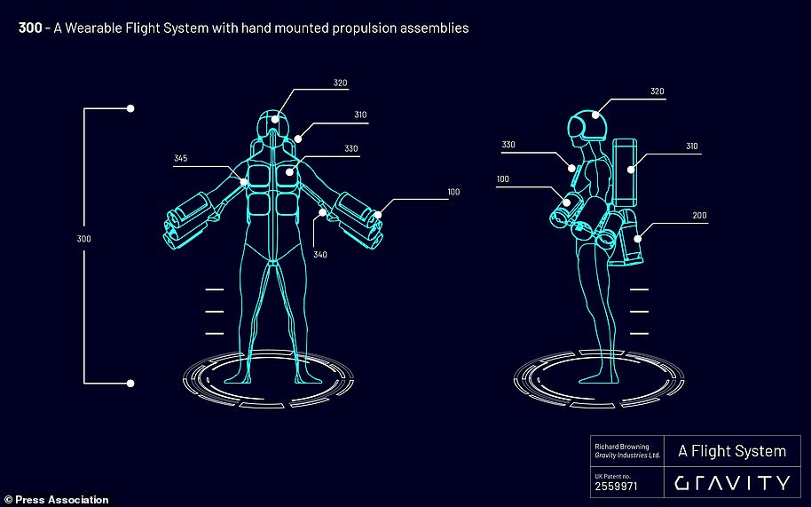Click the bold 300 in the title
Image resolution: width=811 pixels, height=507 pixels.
click(x=30, y=28)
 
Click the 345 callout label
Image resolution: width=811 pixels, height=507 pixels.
click(x=180, y=158)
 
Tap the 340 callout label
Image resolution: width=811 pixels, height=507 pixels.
click(x=320, y=255)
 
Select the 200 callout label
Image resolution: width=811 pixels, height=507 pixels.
click(x=699, y=215)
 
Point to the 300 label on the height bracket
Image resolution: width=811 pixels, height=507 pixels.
click(x=83, y=239)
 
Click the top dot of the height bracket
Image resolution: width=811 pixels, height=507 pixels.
click(x=130, y=108)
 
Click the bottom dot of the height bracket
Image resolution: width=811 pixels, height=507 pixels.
click(x=130, y=384)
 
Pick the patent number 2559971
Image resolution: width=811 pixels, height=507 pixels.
click(x=616, y=487)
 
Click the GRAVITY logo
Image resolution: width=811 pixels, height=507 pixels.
click(x=732, y=483)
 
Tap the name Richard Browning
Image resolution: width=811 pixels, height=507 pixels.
click(x=622, y=447)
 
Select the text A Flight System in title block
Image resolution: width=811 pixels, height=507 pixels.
click(x=732, y=451)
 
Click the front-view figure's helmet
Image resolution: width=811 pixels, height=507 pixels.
click(x=273, y=124)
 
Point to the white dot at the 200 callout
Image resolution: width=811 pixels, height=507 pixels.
click(x=638, y=239)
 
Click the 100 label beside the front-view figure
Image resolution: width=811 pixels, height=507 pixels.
click(x=453, y=192)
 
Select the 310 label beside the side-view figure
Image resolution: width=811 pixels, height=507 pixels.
click(x=692, y=147)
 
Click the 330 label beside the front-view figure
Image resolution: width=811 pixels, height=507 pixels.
click(x=351, y=148)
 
